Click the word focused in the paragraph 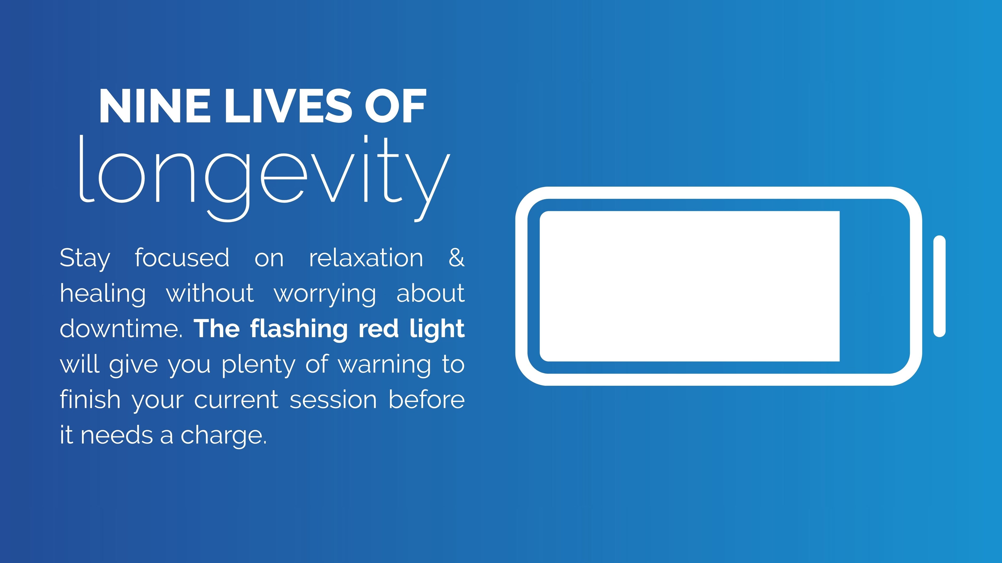click(182, 257)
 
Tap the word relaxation click(366, 257)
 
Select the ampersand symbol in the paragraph click(457, 257)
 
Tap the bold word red click(378, 329)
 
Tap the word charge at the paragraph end click(224, 436)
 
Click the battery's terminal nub click(939, 286)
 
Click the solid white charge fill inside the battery click(690, 286)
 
